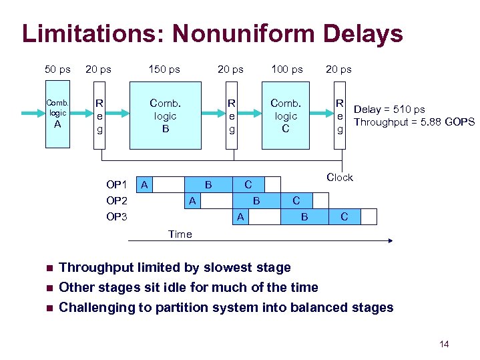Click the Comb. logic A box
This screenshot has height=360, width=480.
(x=57, y=114)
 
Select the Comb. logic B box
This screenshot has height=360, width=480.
(x=165, y=115)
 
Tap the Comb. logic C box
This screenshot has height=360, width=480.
(x=286, y=115)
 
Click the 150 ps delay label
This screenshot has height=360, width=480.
(x=165, y=69)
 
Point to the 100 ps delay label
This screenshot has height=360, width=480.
(x=286, y=69)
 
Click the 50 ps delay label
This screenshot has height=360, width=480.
(x=57, y=69)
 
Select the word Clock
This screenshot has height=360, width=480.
(x=339, y=177)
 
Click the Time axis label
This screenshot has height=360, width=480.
(x=180, y=234)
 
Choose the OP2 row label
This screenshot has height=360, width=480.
(x=117, y=200)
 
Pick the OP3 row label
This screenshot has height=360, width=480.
(x=117, y=216)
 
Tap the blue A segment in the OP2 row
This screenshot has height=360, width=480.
(x=192, y=200)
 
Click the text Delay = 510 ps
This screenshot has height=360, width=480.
(x=389, y=110)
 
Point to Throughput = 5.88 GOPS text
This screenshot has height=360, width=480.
(x=414, y=122)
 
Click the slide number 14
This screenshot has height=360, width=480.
(x=444, y=344)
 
